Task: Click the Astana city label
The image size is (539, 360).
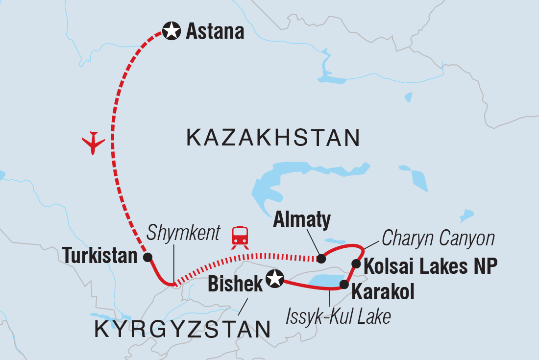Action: point(215,32)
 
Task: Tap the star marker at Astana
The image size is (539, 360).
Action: point(171,32)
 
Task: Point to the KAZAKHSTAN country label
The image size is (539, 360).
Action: point(273,138)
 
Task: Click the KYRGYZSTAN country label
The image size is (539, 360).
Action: point(182,329)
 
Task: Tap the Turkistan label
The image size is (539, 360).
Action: point(100,256)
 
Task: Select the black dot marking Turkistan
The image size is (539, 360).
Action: point(147,257)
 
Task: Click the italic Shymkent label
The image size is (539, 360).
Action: point(184,233)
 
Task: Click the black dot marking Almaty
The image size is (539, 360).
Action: point(321,259)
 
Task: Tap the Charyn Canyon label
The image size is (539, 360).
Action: point(438,239)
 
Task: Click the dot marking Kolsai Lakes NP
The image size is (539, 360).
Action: point(356,264)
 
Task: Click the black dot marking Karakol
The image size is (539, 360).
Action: point(344,284)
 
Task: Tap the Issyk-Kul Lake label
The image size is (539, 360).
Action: point(339,316)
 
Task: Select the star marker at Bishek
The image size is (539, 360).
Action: point(274,279)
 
